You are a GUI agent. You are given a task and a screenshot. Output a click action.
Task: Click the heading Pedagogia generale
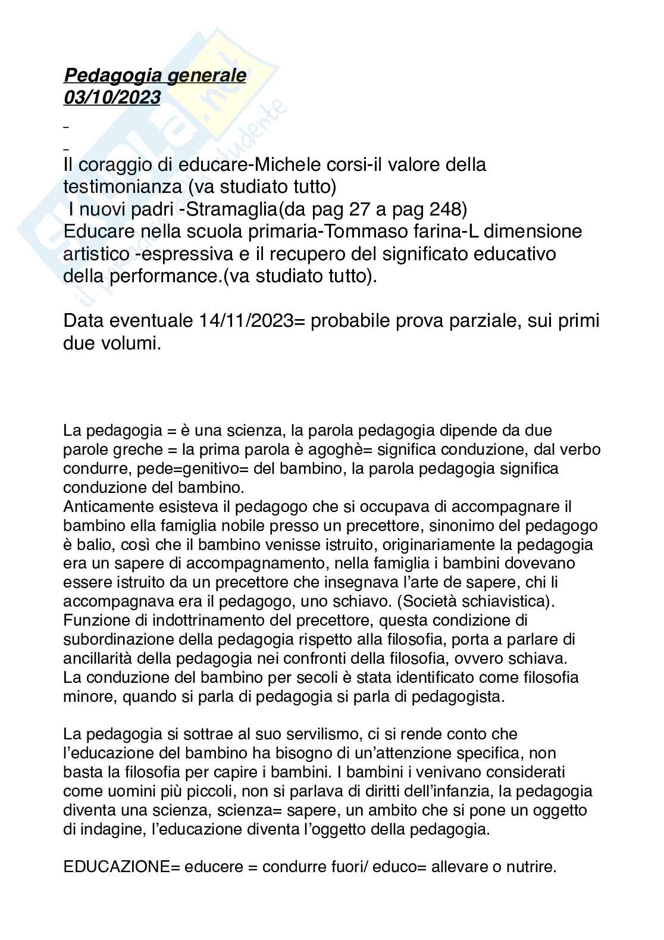[155, 76]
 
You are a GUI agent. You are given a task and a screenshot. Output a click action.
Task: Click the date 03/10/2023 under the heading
[112, 97]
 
